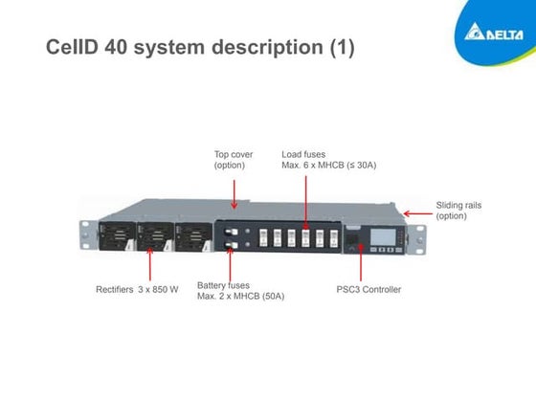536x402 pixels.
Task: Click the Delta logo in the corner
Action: tap(495, 34)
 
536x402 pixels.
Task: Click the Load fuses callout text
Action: tap(328, 160)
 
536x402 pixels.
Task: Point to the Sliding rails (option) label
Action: tap(463, 211)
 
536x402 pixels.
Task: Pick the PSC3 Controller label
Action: tap(368, 289)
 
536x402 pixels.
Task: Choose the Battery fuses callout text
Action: tap(241, 290)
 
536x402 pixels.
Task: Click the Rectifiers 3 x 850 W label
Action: tap(137, 289)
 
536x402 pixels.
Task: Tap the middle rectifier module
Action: tap(153, 236)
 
